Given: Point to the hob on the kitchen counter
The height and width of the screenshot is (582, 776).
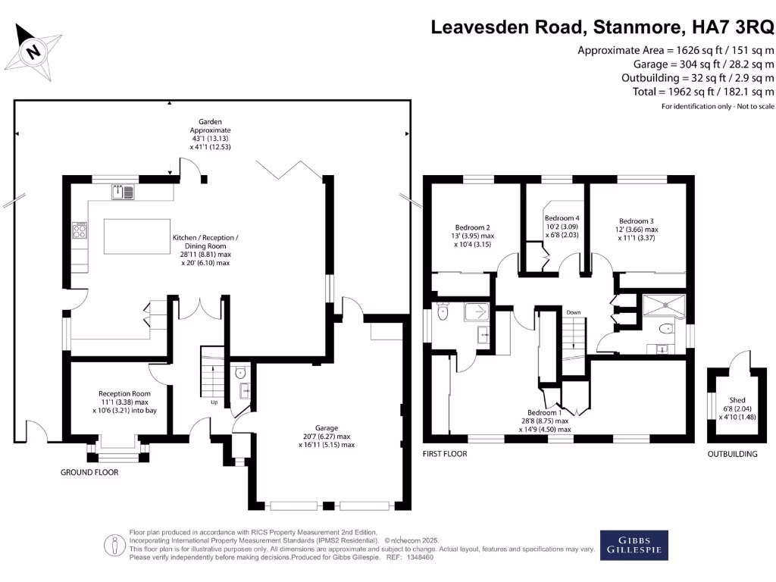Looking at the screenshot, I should click(80, 230).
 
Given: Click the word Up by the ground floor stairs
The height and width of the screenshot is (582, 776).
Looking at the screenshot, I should click(214, 402).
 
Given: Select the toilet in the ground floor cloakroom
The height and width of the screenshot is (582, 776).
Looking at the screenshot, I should click(240, 372).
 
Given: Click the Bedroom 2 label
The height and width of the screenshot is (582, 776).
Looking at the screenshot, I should click(472, 228).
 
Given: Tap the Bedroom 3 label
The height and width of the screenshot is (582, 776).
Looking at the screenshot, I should click(636, 221).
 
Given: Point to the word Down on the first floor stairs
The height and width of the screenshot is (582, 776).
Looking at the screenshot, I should click(573, 312).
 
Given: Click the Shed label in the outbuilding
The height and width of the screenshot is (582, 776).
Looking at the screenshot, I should click(737, 399).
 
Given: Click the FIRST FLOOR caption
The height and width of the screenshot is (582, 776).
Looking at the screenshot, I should click(445, 454).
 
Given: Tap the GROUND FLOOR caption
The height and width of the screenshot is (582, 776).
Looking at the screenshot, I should click(89, 472).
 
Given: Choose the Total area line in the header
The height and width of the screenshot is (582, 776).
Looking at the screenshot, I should click(703, 92).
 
